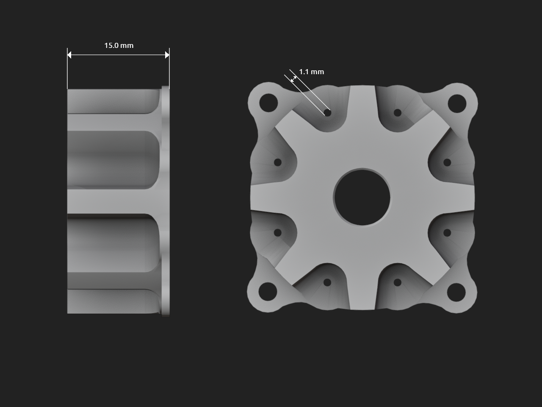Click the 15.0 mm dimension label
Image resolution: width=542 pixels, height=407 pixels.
tap(119, 45)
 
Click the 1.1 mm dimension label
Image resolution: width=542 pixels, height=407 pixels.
tap(311, 72)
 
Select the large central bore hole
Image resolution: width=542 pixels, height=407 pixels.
tap(362, 197)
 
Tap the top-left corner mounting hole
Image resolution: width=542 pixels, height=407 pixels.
tap(268, 103)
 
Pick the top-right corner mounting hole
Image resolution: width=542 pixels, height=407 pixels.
tap(457, 103)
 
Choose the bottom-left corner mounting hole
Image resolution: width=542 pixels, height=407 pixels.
tap(268, 291)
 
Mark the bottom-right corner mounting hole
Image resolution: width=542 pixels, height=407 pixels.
tap(456, 293)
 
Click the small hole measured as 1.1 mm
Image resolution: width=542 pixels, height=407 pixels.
tap(327, 113)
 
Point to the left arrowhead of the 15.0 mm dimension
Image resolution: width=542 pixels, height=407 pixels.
tap(69, 55)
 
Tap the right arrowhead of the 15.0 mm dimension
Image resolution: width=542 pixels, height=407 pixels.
tap(167, 55)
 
